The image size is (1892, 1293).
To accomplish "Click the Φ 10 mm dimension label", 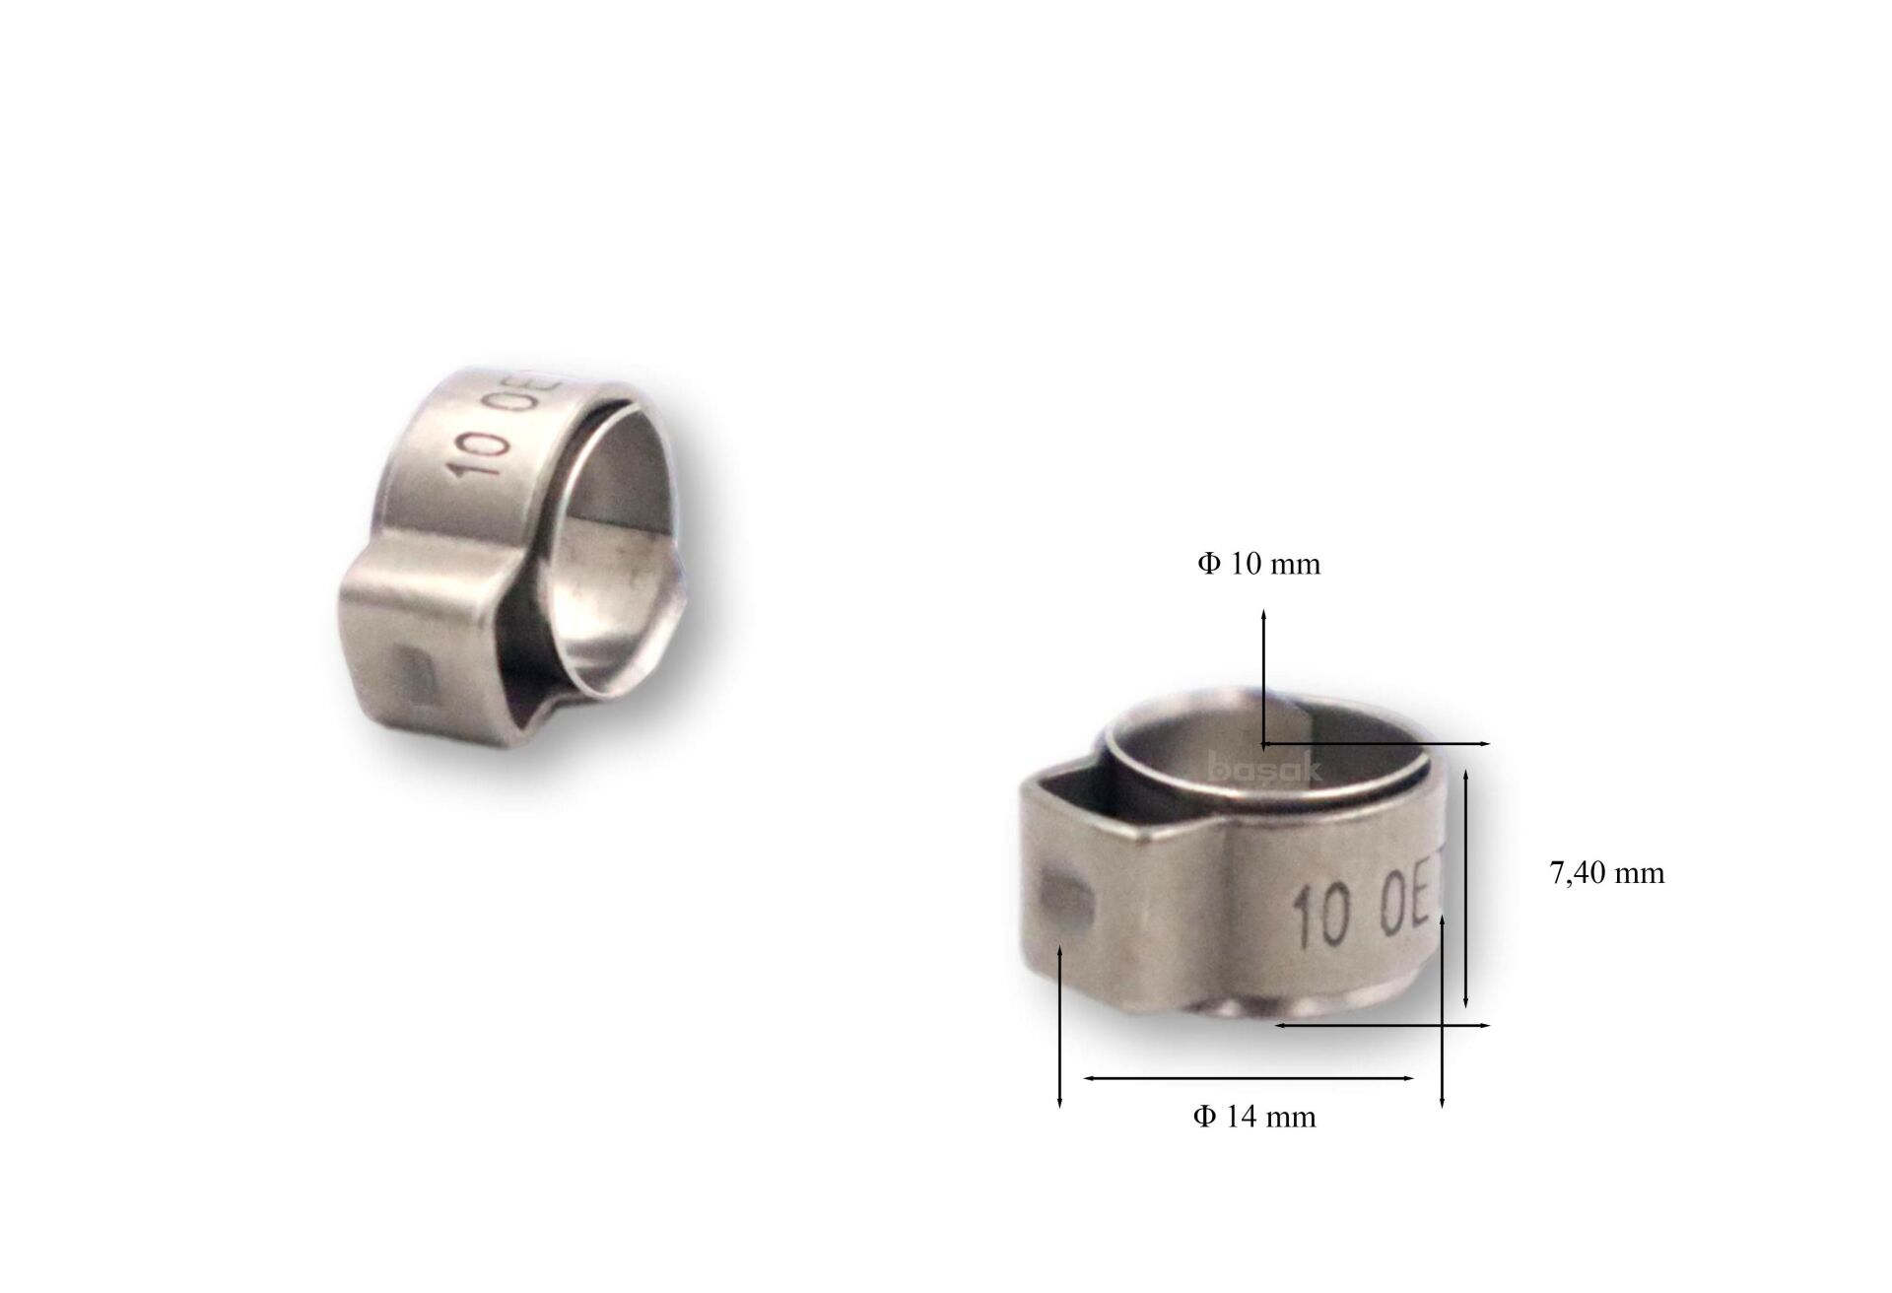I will pos(1258,564).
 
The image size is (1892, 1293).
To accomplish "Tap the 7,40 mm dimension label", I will pos(1606,873).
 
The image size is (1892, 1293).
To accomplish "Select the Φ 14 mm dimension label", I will pos(1253,1117).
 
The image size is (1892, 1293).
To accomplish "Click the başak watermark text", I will pos(1264,768).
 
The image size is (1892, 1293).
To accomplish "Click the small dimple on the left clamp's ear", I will pos(415,676).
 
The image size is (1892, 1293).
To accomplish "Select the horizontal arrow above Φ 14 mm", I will pos(1249,1078).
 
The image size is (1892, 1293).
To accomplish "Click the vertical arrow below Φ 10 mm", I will pos(1263,675).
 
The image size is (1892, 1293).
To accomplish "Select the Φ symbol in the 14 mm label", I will pos(1204,1117).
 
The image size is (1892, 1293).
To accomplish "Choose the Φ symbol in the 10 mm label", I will pos(1209,564).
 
